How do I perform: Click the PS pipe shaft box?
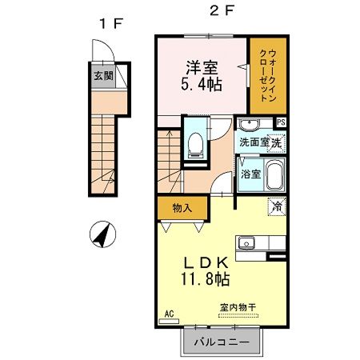click(x=282, y=122)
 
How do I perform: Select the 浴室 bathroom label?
click(x=250, y=174)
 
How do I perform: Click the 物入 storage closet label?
click(x=182, y=208)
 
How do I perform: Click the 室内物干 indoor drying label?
click(x=238, y=306)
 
